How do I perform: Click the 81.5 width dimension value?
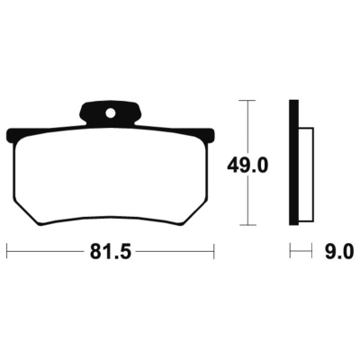pos(111,253)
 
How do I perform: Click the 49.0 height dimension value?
pos(247,166)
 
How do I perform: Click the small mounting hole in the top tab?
pos(111,113)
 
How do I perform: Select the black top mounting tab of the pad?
pos(111,113)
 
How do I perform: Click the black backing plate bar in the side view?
pos(293,162)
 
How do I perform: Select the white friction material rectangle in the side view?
pos(306,175)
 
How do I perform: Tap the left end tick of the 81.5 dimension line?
pos(7,251)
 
